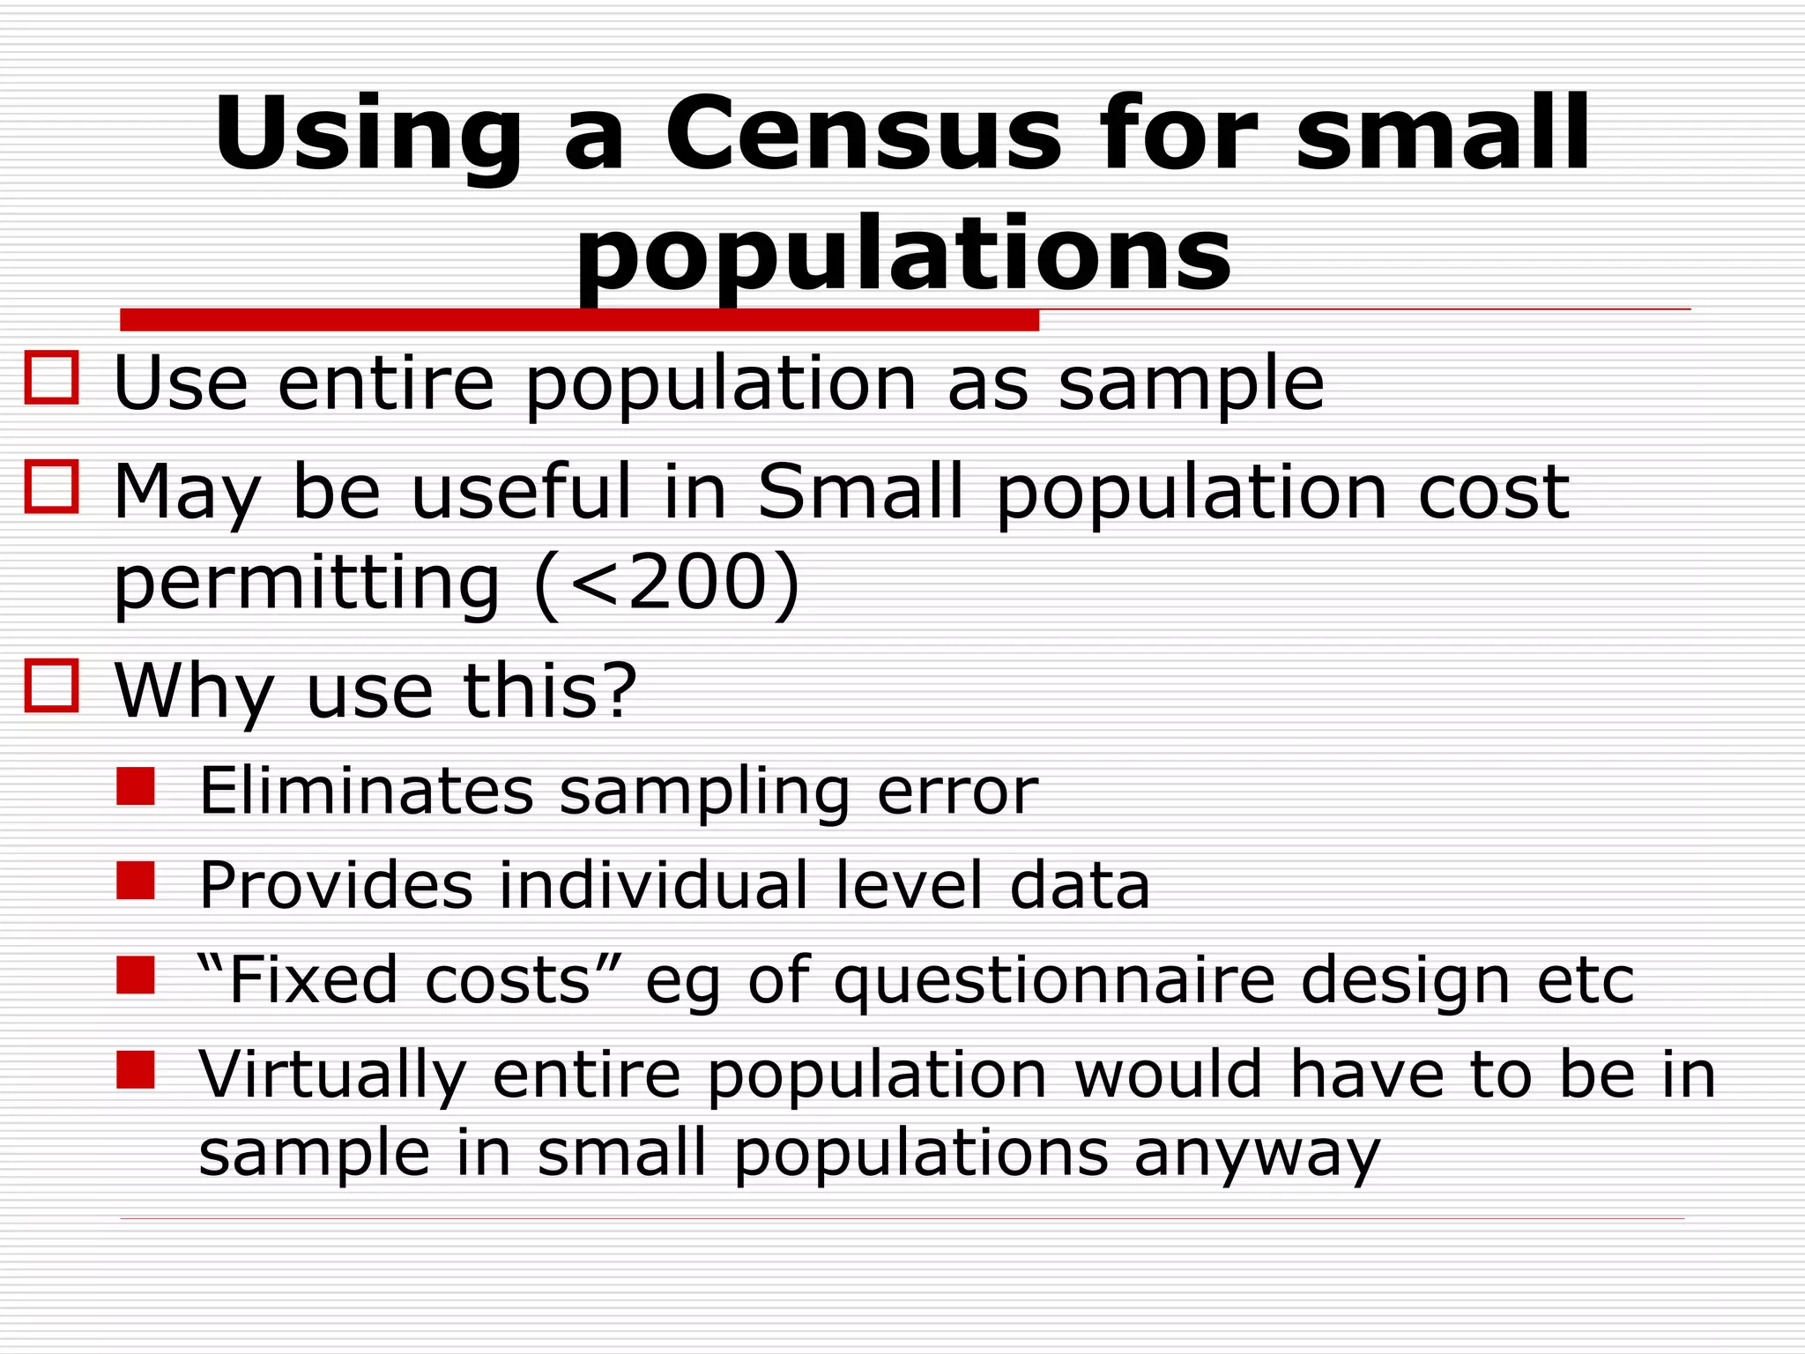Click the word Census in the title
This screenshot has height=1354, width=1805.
[863, 134]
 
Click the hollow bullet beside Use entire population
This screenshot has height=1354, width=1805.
[52, 378]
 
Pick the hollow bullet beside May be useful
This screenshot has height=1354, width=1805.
[52, 486]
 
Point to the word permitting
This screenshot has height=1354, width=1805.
[307, 584]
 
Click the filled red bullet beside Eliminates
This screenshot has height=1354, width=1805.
[136, 786]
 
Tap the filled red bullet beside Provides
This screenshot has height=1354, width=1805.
[136, 881]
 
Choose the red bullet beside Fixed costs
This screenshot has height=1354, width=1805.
[136, 975]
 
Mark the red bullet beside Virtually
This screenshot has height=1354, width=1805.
[136, 1069]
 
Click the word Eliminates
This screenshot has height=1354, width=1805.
[367, 791]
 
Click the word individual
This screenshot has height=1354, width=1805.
[653, 885]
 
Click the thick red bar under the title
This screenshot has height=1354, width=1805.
[579, 320]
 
